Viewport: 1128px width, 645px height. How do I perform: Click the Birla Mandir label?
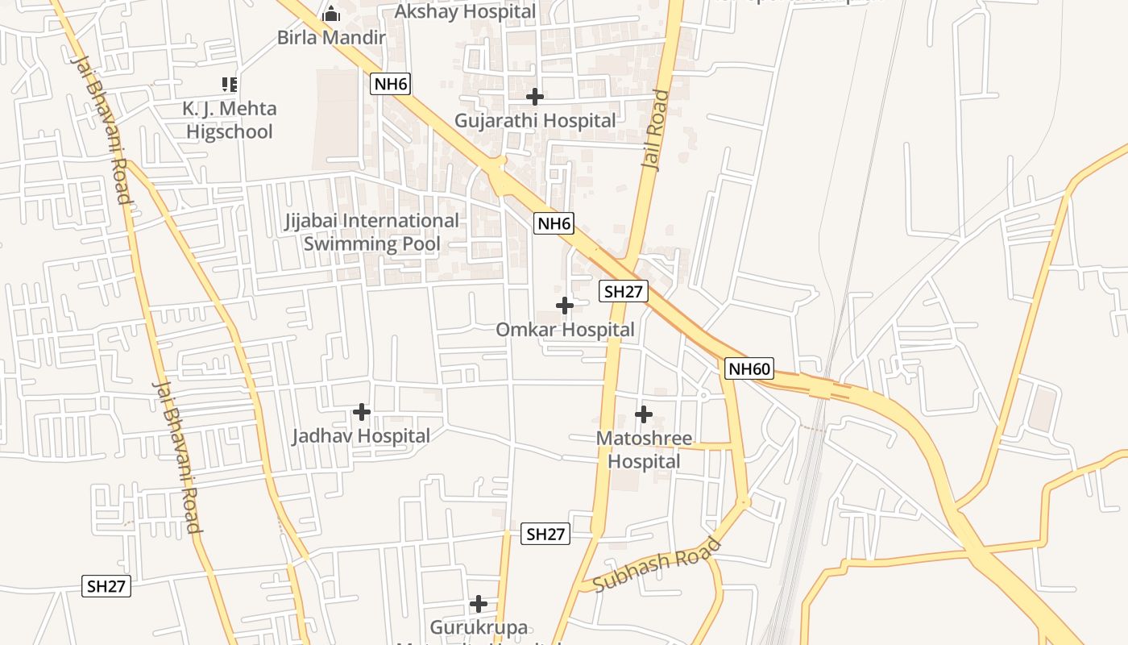point(331,38)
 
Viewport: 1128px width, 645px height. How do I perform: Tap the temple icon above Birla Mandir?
point(331,13)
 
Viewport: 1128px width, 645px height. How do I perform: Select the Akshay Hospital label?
point(465,11)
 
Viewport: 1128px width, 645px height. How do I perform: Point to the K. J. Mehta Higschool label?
point(230,120)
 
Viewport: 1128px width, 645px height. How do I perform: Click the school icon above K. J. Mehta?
point(230,84)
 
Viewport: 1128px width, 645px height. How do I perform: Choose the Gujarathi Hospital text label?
point(535,121)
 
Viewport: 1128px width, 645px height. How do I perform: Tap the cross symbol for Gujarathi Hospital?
point(534,97)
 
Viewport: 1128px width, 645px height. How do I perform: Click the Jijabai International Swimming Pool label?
point(372,232)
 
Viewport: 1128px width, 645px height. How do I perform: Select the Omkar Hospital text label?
point(565,330)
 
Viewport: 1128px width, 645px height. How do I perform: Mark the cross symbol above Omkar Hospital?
point(565,306)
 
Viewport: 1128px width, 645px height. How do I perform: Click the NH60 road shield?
point(749,369)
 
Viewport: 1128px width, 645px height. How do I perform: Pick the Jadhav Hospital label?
point(361,436)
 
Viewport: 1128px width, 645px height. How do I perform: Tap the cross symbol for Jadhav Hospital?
point(362,412)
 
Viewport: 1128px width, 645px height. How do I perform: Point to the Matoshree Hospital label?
point(644,450)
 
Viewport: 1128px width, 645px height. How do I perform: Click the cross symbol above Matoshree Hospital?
point(644,414)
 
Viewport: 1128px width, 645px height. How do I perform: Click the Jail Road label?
point(655,129)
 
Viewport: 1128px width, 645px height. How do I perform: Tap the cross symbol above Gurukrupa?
point(479,603)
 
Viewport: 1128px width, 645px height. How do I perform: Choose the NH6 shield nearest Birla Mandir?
point(390,83)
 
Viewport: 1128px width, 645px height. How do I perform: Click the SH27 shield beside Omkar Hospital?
point(624,292)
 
